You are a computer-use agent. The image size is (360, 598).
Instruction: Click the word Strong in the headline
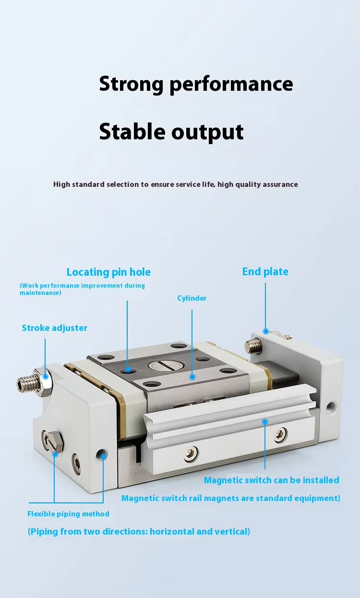131,85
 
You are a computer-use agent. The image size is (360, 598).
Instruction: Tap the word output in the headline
207,133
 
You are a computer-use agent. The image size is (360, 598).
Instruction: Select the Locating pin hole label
108,272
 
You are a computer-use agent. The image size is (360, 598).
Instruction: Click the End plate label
265,272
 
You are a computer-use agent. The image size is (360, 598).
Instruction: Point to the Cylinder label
192,298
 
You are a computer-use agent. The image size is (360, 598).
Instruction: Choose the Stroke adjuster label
54,328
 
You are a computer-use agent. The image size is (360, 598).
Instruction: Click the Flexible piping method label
68,514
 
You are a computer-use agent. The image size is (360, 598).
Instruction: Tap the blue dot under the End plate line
265,331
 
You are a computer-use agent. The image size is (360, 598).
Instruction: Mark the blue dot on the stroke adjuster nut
46,377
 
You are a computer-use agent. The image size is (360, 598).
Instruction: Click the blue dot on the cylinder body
192,377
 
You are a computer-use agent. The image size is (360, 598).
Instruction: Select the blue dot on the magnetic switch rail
265,422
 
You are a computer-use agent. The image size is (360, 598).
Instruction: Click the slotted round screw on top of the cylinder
166,365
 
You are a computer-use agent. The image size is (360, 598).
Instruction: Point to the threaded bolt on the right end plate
253,346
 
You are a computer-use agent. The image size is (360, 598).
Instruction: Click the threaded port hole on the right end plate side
332,408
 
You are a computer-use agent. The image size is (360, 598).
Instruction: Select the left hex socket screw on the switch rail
191,453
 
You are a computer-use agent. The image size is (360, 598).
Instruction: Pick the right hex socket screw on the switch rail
280,435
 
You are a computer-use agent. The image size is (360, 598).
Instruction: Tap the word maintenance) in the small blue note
41,293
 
